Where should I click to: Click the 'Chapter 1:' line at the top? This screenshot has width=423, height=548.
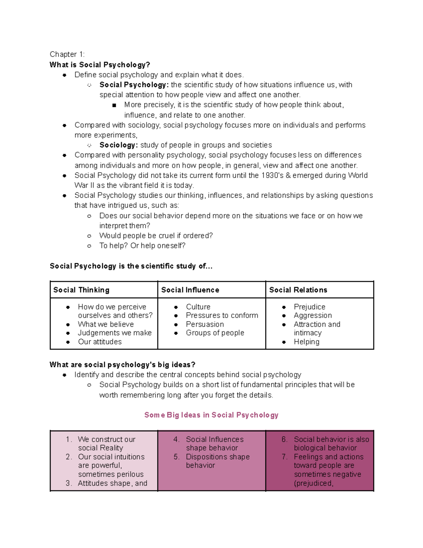point(67,54)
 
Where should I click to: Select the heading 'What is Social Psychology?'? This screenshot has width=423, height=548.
point(100,65)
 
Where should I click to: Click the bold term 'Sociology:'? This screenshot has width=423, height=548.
point(118,145)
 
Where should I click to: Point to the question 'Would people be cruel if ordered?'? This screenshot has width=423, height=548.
point(156,236)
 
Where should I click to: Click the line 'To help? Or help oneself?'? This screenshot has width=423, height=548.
point(142,246)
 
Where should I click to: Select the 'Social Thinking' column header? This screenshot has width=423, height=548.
point(81,290)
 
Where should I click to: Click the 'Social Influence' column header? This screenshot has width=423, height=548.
point(190,290)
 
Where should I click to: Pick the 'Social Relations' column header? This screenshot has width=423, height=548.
point(298,290)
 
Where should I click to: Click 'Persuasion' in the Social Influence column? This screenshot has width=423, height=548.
point(205,324)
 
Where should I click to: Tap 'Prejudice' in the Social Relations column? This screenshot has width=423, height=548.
point(309,307)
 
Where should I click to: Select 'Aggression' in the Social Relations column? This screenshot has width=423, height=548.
point(313,315)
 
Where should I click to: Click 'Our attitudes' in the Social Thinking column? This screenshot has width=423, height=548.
point(100,342)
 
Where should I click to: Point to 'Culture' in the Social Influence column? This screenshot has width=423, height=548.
point(198,307)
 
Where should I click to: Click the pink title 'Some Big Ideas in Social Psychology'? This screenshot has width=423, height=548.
point(211,415)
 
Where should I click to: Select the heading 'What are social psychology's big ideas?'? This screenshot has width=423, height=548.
point(122,365)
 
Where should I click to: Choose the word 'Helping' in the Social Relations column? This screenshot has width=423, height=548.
point(307,342)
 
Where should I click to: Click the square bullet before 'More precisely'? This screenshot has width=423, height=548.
point(114,105)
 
